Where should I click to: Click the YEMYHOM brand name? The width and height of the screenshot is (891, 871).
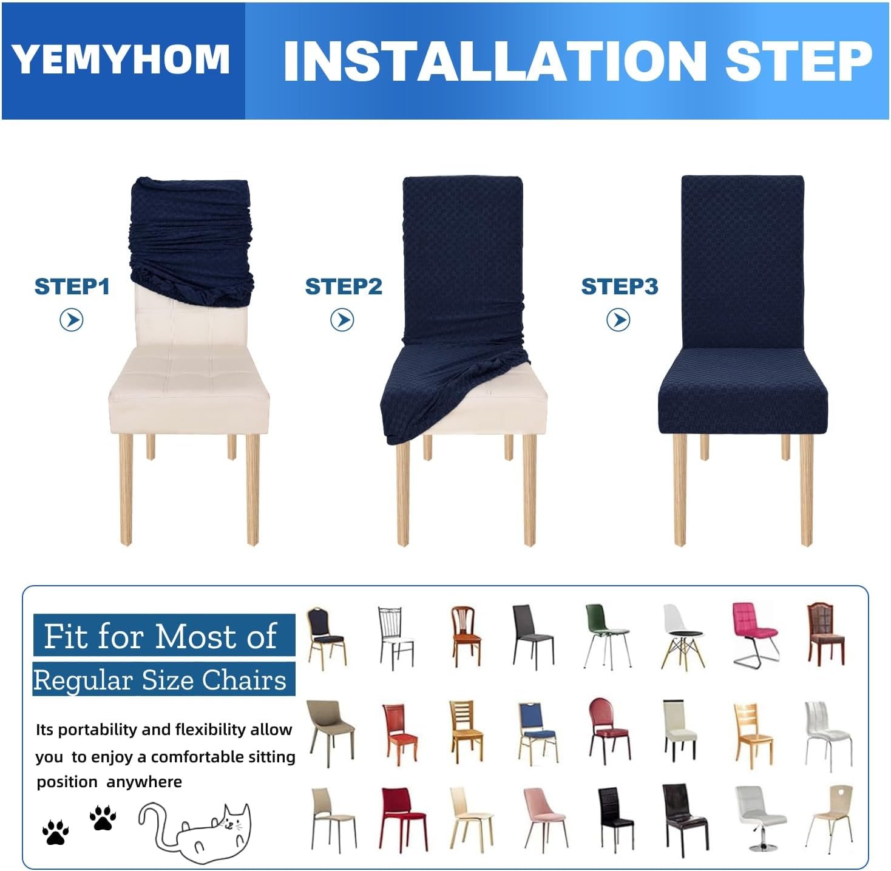(120, 59)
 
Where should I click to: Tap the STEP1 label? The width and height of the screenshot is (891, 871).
(72, 287)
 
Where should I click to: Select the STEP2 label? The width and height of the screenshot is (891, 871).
(344, 287)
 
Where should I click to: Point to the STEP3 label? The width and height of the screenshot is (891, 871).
(620, 287)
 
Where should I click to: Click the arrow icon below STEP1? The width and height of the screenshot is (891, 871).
(72, 320)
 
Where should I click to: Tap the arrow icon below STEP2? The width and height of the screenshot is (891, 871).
(342, 320)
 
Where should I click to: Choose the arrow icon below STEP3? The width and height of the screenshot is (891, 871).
(618, 320)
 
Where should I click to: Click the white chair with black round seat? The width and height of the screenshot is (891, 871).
(682, 637)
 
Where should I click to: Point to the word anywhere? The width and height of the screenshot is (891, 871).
(144, 782)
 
